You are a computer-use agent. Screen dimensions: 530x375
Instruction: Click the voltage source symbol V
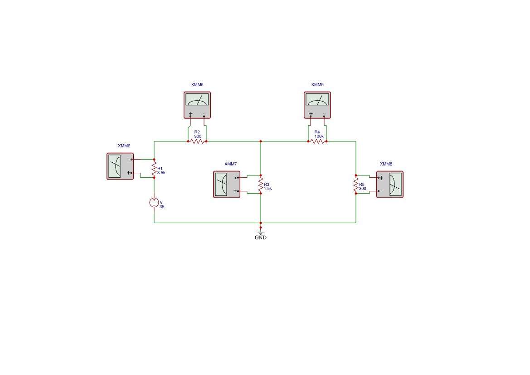click(x=154, y=203)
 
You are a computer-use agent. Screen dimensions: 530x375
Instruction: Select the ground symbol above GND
click(x=261, y=232)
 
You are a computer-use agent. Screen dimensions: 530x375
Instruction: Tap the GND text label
click(x=261, y=238)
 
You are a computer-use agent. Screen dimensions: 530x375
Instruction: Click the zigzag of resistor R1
click(x=154, y=168)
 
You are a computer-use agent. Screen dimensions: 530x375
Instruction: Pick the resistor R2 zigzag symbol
click(x=197, y=141)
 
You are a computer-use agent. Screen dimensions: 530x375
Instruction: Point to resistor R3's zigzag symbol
click(x=261, y=184)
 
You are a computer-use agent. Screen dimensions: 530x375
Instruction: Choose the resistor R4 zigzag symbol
click(x=317, y=141)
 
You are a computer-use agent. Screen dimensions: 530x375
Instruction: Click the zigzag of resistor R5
click(x=356, y=184)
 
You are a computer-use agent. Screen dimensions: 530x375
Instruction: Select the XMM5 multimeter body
click(x=197, y=105)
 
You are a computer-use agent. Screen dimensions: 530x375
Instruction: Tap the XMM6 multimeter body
click(x=120, y=166)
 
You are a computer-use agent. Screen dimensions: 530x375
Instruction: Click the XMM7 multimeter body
click(x=227, y=184)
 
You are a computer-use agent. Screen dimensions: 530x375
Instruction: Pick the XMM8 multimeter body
click(x=390, y=184)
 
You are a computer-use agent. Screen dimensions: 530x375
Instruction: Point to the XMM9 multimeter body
click(x=317, y=105)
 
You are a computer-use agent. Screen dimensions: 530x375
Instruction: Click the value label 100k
click(x=319, y=136)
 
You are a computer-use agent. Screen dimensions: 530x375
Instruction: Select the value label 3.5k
click(x=161, y=173)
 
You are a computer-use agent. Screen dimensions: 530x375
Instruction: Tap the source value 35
click(x=162, y=207)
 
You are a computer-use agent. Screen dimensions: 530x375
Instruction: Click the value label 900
click(x=198, y=136)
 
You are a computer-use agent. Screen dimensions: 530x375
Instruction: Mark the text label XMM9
click(x=317, y=85)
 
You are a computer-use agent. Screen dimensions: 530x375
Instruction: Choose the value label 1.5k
click(x=267, y=189)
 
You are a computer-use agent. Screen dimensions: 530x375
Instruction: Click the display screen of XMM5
click(x=197, y=99)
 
